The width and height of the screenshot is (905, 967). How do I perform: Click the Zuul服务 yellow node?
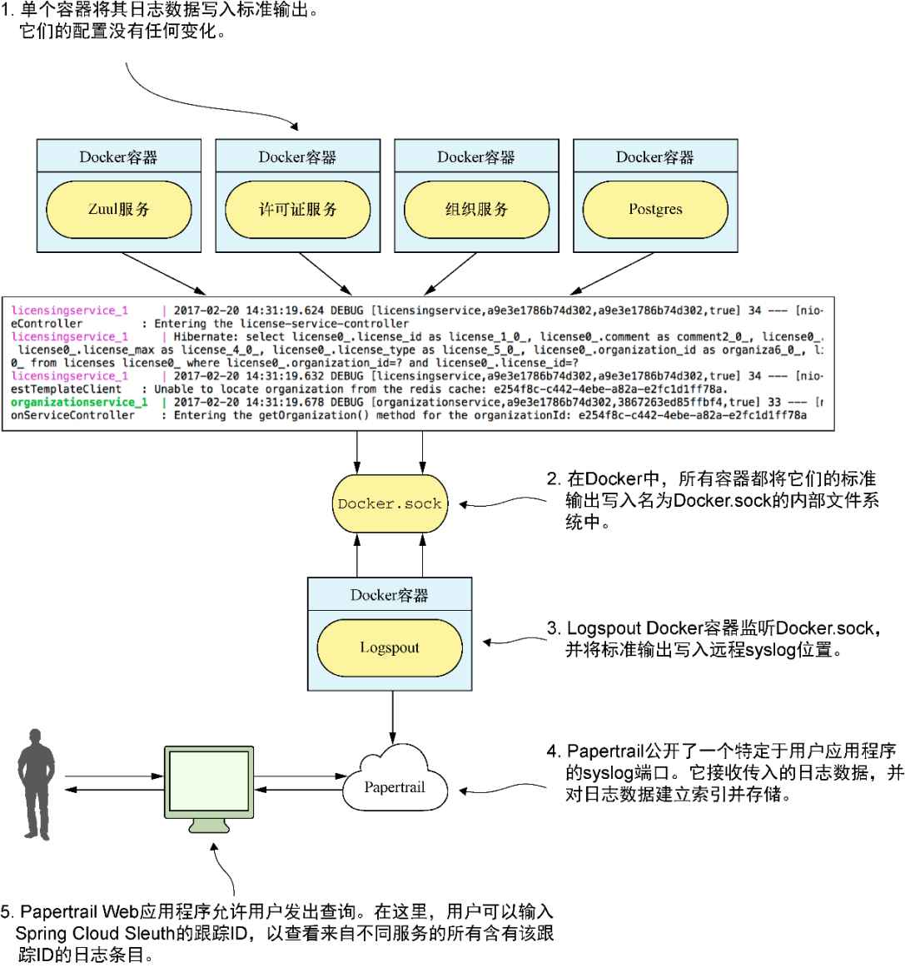point(118,209)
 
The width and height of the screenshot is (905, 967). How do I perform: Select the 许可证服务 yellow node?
point(297,209)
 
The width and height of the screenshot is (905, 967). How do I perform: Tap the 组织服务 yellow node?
point(476,209)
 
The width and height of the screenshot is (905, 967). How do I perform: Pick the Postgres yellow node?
point(655,209)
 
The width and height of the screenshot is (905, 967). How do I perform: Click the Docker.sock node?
point(390,503)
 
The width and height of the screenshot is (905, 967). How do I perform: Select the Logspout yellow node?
point(390,647)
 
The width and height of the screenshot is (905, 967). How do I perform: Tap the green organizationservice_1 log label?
point(79,402)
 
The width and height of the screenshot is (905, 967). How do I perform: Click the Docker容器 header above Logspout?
point(390,595)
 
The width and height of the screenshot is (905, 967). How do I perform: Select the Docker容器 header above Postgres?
point(655,156)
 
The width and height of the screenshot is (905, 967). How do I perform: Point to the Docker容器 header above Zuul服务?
point(118,156)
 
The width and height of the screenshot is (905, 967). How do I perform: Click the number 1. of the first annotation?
point(8,12)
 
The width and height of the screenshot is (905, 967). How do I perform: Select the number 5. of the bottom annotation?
point(8,911)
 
